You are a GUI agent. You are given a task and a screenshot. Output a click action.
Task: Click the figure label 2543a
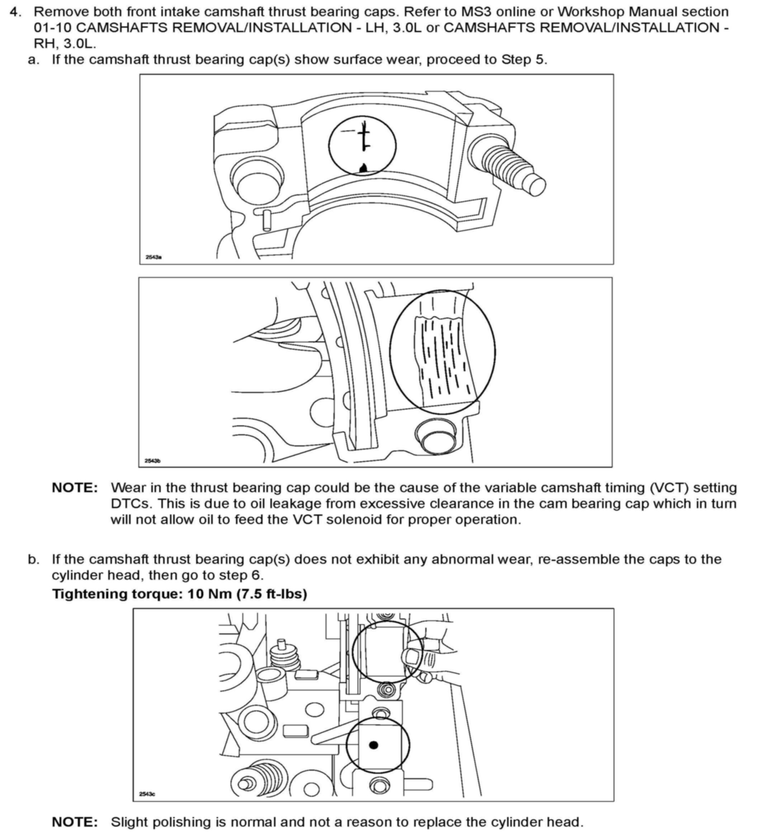(154, 257)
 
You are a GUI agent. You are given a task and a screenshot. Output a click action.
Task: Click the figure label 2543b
(152, 461)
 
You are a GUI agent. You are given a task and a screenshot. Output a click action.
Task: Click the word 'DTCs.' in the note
(130, 504)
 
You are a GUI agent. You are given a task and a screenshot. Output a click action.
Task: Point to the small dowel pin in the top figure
(267, 220)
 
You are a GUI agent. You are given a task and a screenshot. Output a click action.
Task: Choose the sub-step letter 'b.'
(33, 559)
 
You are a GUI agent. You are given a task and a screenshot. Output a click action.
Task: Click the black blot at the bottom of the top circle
(363, 168)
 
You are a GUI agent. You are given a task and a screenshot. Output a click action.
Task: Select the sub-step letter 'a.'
(33, 60)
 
